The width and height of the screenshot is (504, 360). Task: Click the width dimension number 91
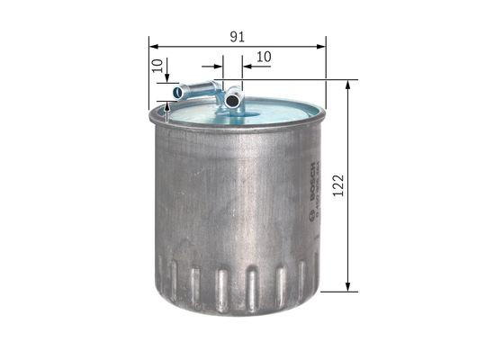pos(237,37)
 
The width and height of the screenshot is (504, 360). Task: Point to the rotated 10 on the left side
pos(157,66)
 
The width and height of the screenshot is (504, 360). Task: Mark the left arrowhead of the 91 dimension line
pos(151,45)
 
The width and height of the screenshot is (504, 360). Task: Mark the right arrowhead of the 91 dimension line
pos(322,45)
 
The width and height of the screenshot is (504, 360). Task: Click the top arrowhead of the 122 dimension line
pos(347,84)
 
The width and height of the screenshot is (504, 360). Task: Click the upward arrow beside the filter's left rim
pos(168,112)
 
